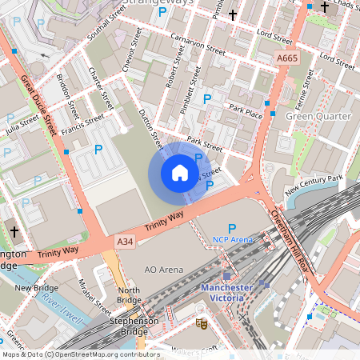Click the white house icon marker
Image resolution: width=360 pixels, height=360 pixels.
(x=179, y=173)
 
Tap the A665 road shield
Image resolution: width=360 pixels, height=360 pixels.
(x=289, y=58)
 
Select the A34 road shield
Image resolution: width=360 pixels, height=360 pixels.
(x=124, y=241)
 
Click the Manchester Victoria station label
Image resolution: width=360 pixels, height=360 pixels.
(x=238, y=293)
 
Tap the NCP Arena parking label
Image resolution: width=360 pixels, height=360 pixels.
(x=233, y=239)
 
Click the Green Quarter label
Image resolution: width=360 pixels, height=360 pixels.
(x=318, y=117)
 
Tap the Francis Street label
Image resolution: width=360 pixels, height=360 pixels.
(x=83, y=124)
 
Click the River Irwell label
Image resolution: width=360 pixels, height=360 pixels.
(x=62, y=308)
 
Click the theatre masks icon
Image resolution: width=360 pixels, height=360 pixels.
(x=202, y=324)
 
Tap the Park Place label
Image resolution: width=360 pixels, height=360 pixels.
(x=245, y=111)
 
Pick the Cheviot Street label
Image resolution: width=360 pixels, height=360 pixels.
(x=132, y=55)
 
